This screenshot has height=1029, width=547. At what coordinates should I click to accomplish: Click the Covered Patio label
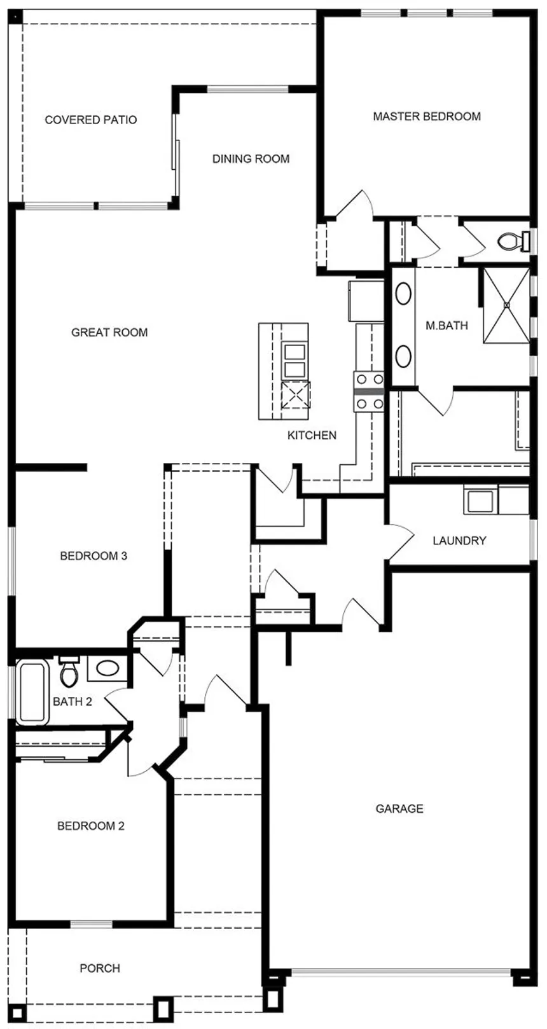coord(90,120)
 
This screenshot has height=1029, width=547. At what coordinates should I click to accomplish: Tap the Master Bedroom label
coord(426,116)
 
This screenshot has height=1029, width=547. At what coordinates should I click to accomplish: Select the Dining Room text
coord(251,159)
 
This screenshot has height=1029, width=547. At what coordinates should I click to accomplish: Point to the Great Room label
coord(109,332)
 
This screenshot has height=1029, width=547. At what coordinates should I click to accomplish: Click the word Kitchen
coord(312,435)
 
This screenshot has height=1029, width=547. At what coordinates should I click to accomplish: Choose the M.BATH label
coord(447,326)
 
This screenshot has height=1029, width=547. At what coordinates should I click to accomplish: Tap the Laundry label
coord(459,541)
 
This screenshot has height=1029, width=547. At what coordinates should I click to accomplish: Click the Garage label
coord(399,809)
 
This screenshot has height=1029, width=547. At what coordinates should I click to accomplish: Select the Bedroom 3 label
coord(93,556)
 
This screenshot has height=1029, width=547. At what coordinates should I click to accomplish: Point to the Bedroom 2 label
coord(91,826)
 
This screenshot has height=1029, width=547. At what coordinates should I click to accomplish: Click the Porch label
coord(100,968)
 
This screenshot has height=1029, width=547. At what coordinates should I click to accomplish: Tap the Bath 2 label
coord(73,701)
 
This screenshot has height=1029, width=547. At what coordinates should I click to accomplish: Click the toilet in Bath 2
coord(69,671)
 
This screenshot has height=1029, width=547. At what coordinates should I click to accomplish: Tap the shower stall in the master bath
coord(506,305)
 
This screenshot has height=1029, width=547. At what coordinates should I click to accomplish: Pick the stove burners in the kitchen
coord(370,391)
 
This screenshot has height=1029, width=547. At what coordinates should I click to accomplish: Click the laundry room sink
coord(481,501)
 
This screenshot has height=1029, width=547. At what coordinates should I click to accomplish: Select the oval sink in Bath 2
coord(107,668)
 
